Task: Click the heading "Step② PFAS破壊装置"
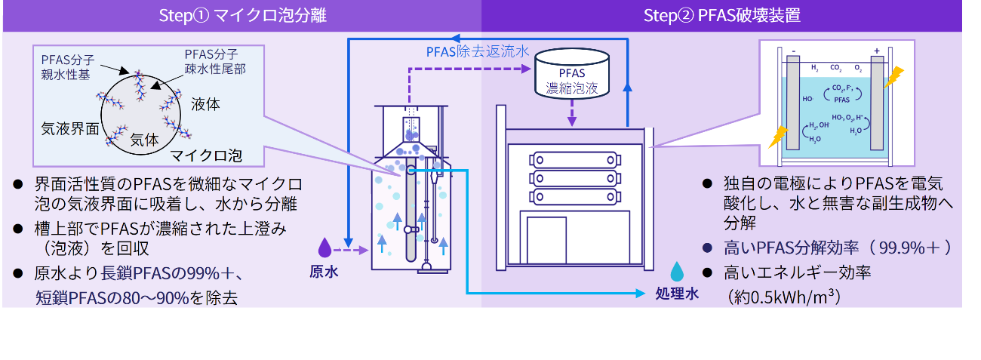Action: coord(721,16)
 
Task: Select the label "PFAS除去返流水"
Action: coord(477,53)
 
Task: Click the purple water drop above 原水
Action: coord(324,247)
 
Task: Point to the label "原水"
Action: coord(324,272)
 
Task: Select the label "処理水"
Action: coord(678,294)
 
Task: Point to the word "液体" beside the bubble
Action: coord(206,104)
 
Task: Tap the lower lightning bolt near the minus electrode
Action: coord(776,137)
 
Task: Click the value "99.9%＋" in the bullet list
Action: coord(914,247)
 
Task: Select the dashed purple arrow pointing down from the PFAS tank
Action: coord(571,113)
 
